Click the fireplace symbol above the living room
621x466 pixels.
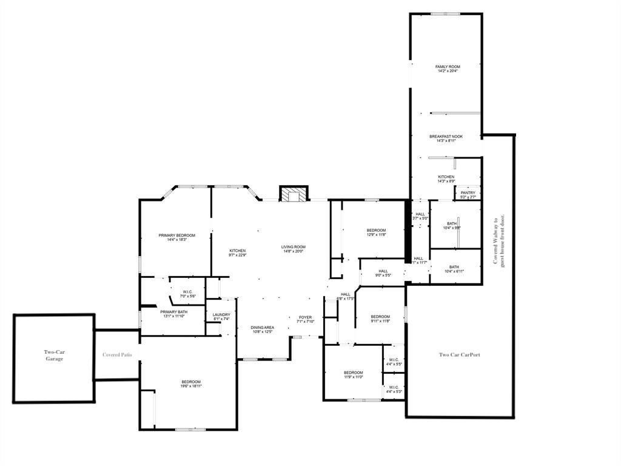click(x=294, y=194)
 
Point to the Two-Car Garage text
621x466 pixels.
click(x=54, y=355)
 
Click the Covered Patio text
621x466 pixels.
click(x=117, y=354)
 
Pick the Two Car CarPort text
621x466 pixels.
click(x=459, y=354)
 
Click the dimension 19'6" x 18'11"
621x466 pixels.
click(x=190, y=386)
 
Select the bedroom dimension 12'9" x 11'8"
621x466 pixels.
click(x=376, y=235)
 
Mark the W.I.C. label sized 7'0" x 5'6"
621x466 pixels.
click(x=187, y=294)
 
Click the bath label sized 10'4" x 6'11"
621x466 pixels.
click(x=454, y=269)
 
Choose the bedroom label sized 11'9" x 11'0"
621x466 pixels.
click(x=353, y=374)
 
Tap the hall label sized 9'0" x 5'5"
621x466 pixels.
click(x=383, y=273)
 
